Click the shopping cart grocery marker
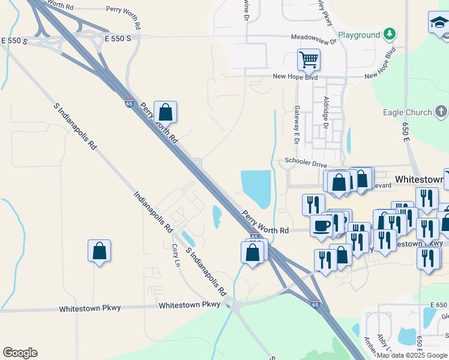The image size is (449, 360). [309, 60]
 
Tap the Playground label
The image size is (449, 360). [358, 35]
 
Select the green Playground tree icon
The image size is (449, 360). [390, 33]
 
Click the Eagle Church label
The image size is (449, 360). [408, 112]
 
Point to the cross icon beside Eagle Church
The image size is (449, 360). [441, 112]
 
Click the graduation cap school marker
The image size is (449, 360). [438, 23]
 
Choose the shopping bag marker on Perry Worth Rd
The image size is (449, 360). [165, 112]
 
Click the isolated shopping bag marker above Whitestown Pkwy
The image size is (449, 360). [99, 251]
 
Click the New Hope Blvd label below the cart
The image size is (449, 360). [295, 77]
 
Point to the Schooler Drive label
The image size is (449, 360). [306, 162]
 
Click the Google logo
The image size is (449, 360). [20, 353]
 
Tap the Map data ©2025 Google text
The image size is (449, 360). [411, 355]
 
